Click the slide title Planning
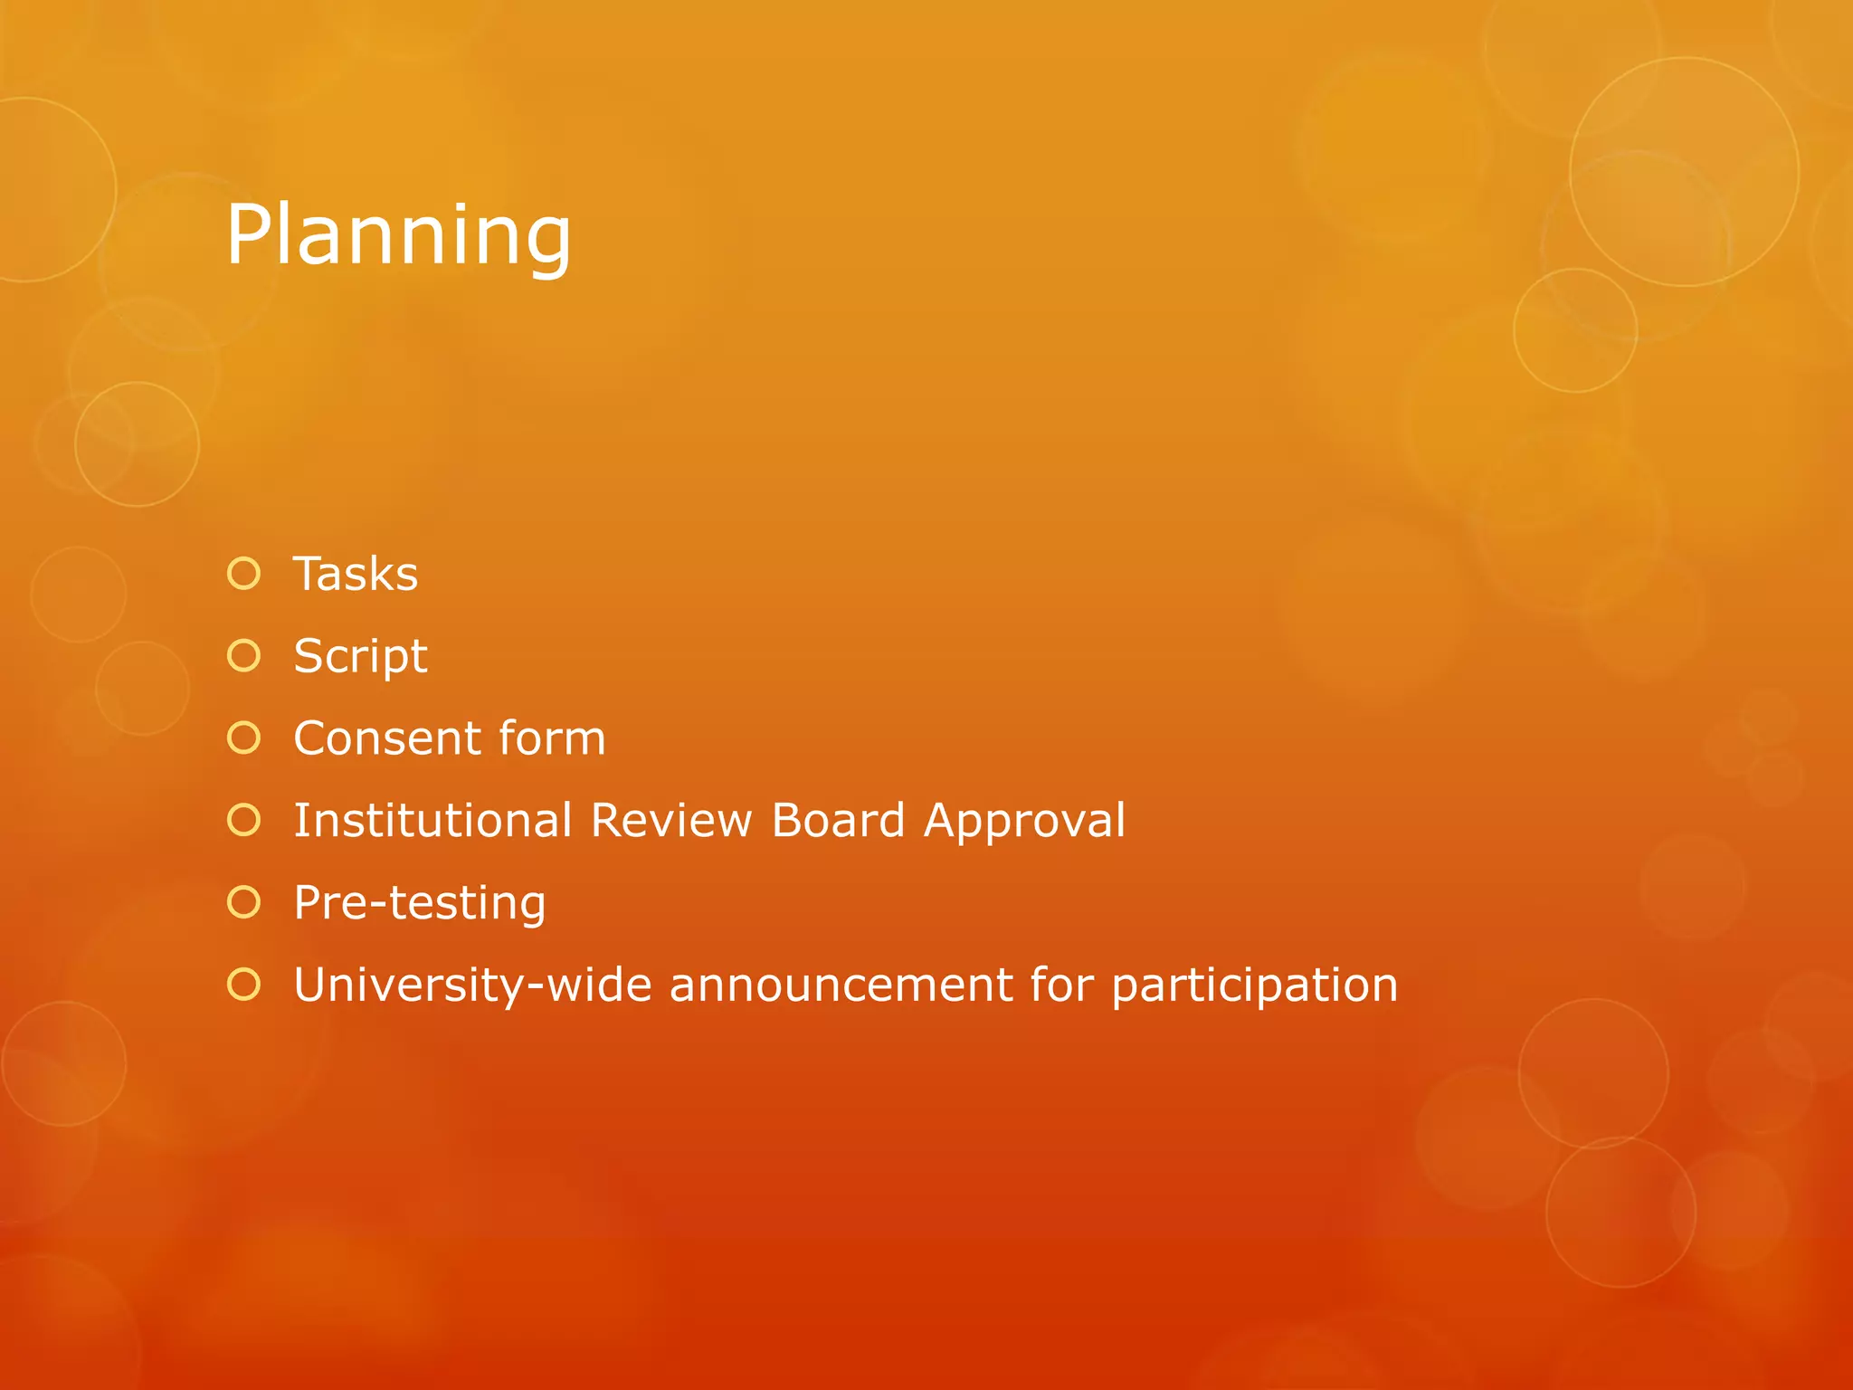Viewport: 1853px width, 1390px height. point(398,235)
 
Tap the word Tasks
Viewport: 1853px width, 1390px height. point(356,574)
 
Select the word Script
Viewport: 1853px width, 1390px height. point(360,657)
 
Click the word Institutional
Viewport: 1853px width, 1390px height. point(432,821)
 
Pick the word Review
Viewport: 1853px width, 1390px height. point(670,821)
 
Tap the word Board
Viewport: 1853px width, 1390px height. point(838,821)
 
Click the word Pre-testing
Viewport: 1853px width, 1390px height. point(420,903)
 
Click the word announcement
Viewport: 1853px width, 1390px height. point(841,985)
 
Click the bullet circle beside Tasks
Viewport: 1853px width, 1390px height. point(244,574)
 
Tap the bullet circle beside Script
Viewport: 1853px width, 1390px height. point(244,656)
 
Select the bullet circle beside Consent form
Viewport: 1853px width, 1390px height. point(244,738)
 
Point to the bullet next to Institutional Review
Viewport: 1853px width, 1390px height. point(244,820)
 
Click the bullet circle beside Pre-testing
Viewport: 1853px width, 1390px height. point(244,902)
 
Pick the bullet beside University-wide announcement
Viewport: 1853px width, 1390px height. point(244,985)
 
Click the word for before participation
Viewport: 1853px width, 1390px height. point(1061,985)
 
